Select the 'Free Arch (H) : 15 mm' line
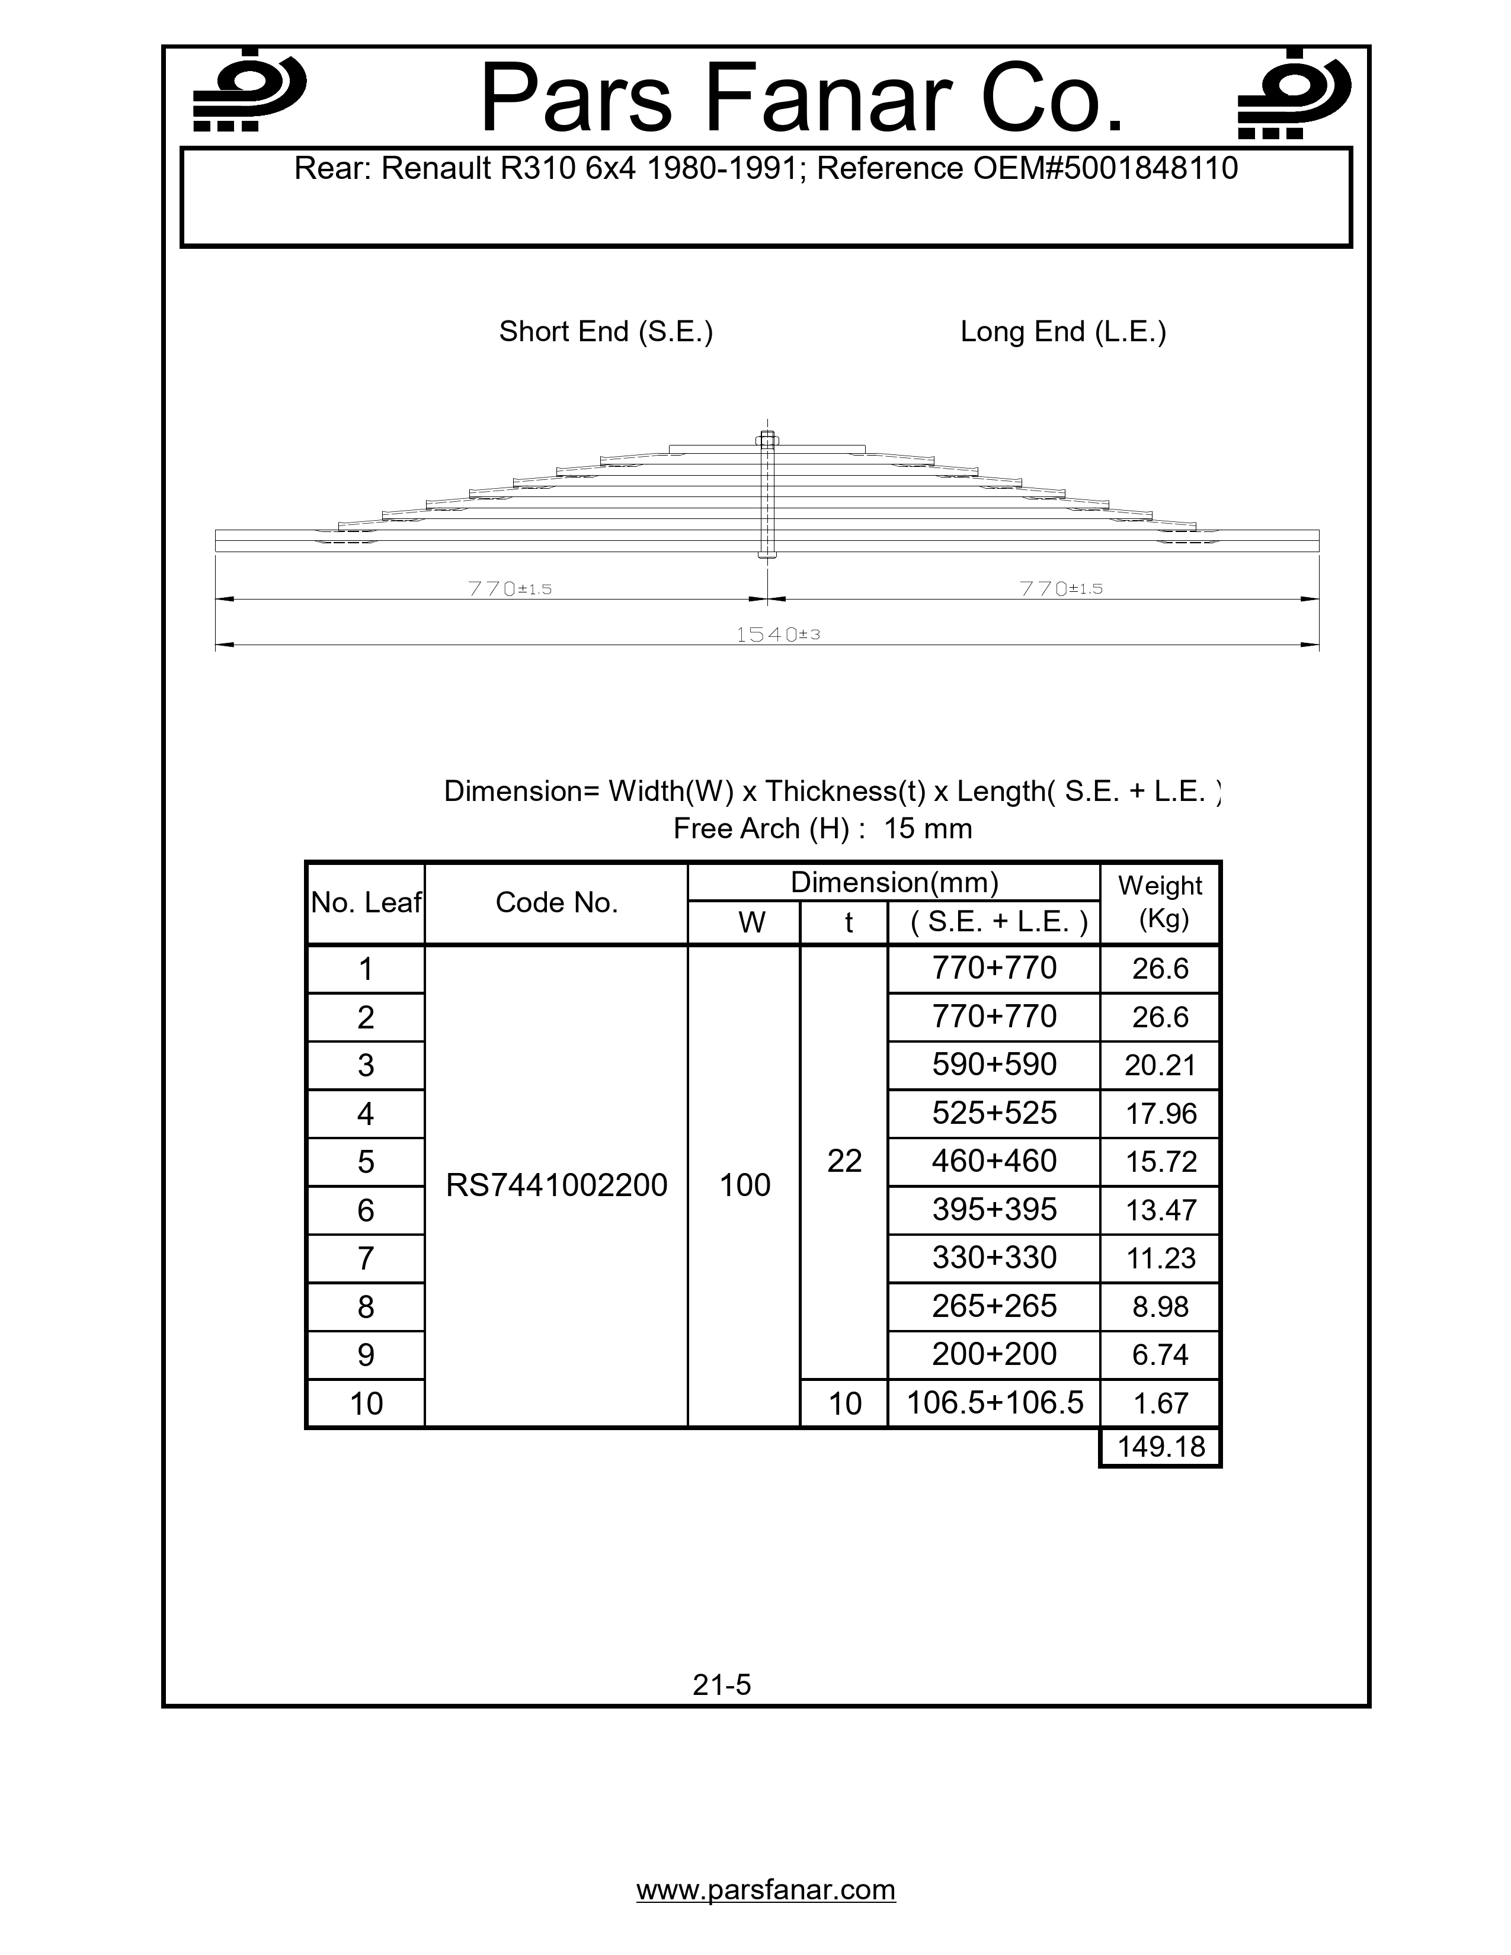822,828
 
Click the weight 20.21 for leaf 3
1160,1065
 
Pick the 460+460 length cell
994,1161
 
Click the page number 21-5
722,1685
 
